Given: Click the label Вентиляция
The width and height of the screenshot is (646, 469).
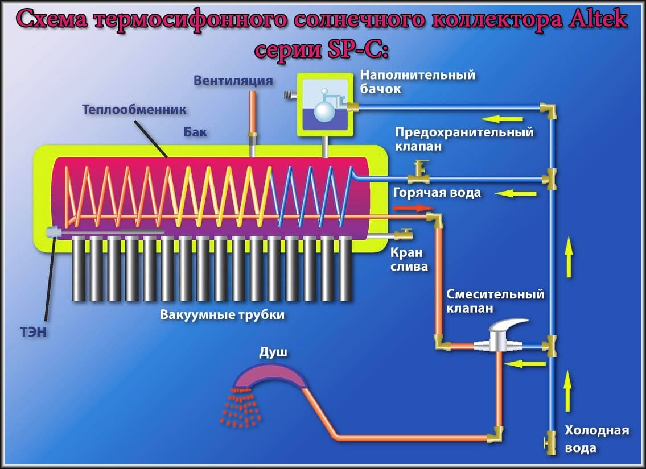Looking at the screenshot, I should click(x=233, y=80).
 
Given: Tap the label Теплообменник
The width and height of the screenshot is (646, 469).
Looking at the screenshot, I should click(x=134, y=109).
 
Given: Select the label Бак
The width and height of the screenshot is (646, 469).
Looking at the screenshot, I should click(x=195, y=132).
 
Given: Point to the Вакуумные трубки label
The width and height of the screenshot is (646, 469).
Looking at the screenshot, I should click(x=222, y=314).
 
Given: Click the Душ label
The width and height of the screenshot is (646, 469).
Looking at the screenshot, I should click(x=273, y=352).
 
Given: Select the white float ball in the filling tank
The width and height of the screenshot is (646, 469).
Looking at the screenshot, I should click(x=325, y=111).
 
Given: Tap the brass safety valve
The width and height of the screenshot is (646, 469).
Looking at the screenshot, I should click(x=422, y=169).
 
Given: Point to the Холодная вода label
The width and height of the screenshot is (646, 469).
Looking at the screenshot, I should click(x=596, y=439).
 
